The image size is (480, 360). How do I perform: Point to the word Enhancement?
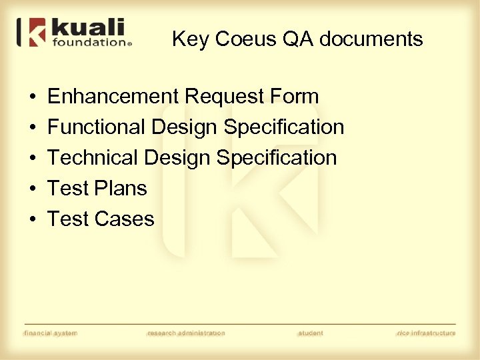tap(113, 97)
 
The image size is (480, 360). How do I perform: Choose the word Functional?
tap(97, 127)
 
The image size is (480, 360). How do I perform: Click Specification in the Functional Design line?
tap(284, 127)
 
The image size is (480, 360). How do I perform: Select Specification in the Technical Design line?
tap(277, 157)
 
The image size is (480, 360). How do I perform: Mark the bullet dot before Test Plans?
tap(33, 189)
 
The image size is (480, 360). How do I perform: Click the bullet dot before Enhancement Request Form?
tap(33, 97)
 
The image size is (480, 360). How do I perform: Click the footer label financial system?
tap(51, 333)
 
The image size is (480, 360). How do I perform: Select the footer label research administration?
tap(186, 333)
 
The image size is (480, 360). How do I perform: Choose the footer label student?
tap(311, 333)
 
